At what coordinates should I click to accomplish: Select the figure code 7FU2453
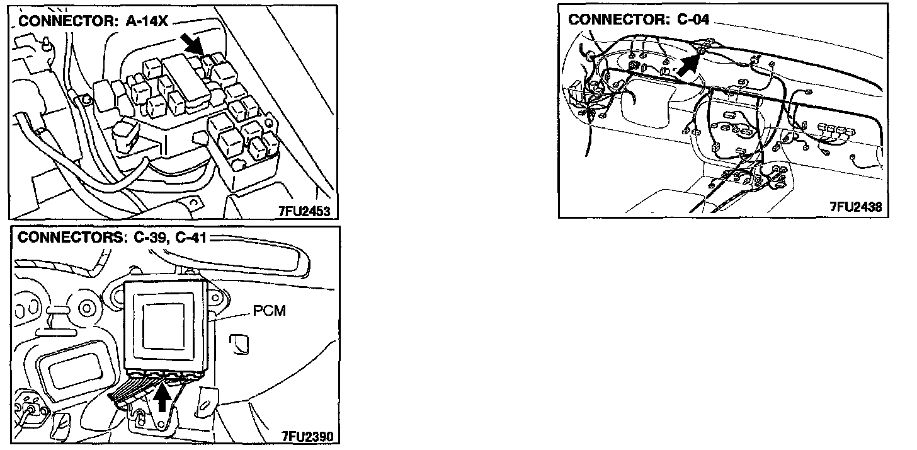(304, 211)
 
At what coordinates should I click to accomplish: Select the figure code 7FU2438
(855, 207)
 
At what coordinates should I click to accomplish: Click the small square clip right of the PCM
(241, 343)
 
